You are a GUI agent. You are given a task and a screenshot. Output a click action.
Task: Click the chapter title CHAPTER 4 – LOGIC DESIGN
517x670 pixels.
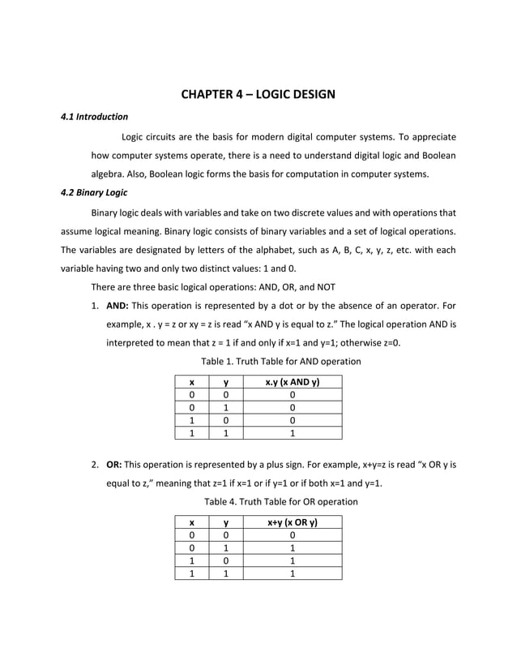click(x=258, y=95)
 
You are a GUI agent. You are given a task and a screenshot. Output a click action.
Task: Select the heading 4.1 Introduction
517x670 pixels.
click(x=95, y=117)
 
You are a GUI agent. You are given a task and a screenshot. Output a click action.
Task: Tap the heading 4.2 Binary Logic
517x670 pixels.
click(x=94, y=193)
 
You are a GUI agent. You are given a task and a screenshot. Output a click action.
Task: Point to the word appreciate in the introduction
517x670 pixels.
click(x=430, y=136)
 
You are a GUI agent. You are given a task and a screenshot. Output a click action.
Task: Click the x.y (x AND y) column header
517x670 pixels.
click(x=293, y=382)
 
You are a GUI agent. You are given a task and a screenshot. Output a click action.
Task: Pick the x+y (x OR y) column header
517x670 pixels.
click(x=293, y=523)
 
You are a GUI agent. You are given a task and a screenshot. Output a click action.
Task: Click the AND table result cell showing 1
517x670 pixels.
click(x=292, y=433)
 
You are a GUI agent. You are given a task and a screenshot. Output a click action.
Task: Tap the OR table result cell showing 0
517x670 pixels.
click(x=292, y=536)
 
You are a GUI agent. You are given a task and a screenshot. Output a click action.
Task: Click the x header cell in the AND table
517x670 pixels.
click(x=191, y=382)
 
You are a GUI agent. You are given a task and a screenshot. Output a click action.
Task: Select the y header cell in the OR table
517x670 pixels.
click(x=226, y=523)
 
